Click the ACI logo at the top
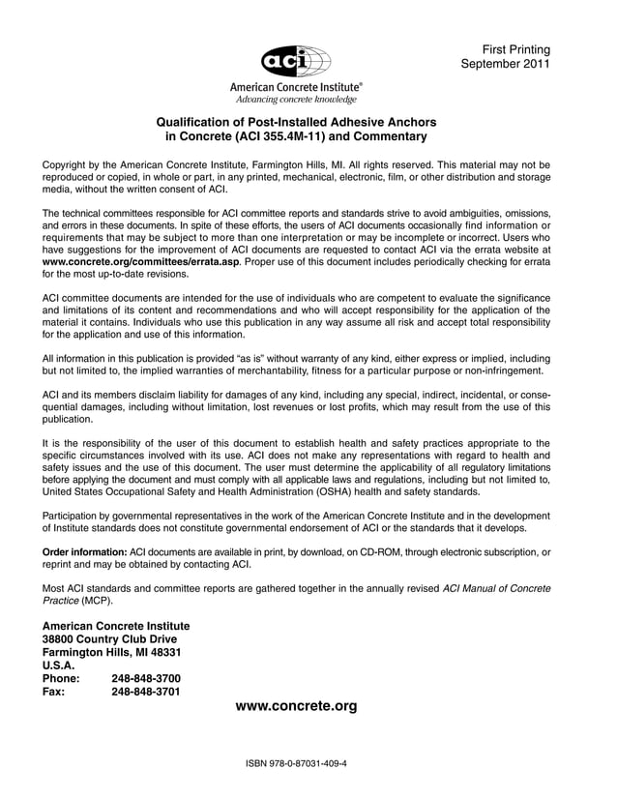[x=296, y=61]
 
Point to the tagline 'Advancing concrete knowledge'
[x=296, y=100]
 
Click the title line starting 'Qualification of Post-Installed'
[x=296, y=122]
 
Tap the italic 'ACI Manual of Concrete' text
[x=496, y=588]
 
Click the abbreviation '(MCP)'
[x=96, y=601]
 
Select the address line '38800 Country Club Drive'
[x=109, y=639]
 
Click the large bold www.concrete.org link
[x=296, y=706]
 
